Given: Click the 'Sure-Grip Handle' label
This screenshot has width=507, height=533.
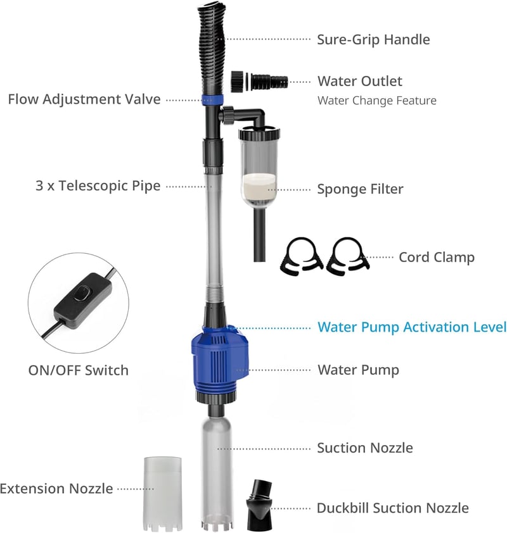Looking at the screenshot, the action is pyautogui.click(x=373, y=40).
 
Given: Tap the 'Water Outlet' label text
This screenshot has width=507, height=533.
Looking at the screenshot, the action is pyautogui.click(x=360, y=81).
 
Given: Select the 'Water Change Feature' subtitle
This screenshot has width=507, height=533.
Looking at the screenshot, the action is pyautogui.click(x=376, y=101).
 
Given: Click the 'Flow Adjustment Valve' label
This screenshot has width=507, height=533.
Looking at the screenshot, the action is pyautogui.click(x=84, y=99).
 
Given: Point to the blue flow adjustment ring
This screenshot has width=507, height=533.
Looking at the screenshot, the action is pyautogui.click(x=212, y=100).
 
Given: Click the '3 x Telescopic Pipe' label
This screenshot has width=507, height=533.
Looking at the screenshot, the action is pyautogui.click(x=98, y=186).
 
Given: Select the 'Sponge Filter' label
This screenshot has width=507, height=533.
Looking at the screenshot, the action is pyautogui.click(x=360, y=189).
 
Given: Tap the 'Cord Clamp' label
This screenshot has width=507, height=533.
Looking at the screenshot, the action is pyautogui.click(x=437, y=258).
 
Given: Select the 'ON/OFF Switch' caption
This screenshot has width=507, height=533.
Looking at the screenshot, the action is pyautogui.click(x=78, y=370).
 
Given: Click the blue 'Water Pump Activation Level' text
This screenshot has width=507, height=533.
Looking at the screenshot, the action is pyautogui.click(x=412, y=327).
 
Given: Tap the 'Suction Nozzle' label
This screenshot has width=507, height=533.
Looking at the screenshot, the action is pyautogui.click(x=365, y=448).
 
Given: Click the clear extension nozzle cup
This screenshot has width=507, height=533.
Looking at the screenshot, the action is pyautogui.click(x=163, y=494).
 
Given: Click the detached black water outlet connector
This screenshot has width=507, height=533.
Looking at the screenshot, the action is pyautogui.click(x=259, y=82).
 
